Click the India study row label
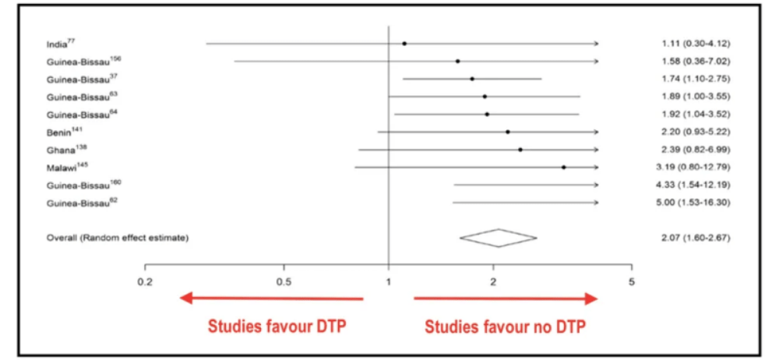(x=56, y=43)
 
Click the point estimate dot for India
(x=404, y=44)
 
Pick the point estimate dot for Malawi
(x=563, y=167)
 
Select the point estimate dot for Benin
(x=508, y=132)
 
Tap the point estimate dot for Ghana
(x=520, y=150)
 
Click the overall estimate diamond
(x=498, y=238)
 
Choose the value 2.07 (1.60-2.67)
(x=693, y=238)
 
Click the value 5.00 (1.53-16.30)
(x=693, y=203)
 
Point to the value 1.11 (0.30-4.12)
(x=693, y=43)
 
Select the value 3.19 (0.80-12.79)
(x=693, y=167)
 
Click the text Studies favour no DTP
(x=505, y=326)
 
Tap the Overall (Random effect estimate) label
(x=117, y=238)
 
